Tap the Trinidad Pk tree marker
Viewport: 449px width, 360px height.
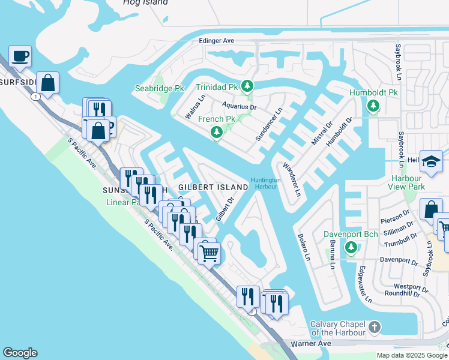pos(246,86)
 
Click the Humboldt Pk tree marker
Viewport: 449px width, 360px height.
pos(373,106)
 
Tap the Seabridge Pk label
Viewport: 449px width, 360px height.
pos(159,88)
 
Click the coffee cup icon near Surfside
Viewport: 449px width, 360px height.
pos(20,56)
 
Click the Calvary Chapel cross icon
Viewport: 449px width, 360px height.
pos(375,327)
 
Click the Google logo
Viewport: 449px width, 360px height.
pos(20,353)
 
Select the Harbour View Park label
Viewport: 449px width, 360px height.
pos(415,182)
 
